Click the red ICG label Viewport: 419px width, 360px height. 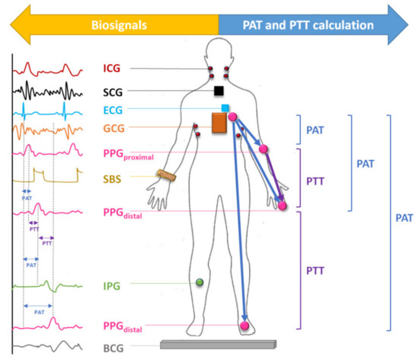[x=112, y=69]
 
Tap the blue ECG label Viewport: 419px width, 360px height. [x=113, y=110]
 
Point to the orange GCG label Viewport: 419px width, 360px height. [x=114, y=127]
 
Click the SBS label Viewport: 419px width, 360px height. [x=114, y=180]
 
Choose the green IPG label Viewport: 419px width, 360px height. [x=113, y=286]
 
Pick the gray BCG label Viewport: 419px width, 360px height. [x=114, y=348]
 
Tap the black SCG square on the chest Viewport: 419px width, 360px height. [x=219, y=91]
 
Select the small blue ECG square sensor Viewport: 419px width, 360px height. [x=225, y=108]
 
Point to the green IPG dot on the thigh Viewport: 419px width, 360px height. [x=200, y=283]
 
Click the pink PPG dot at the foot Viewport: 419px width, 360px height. [x=245, y=326]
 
